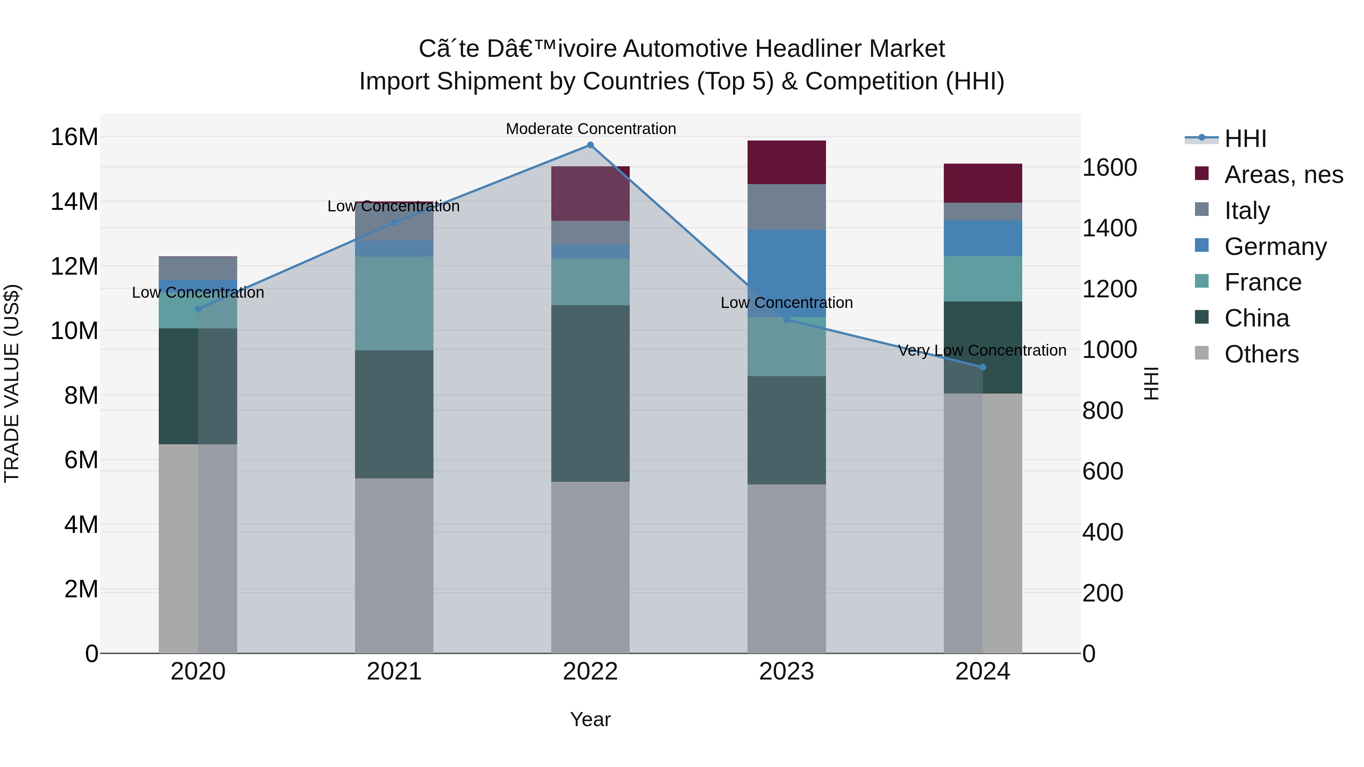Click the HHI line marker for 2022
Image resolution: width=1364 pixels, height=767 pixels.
pos(590,145)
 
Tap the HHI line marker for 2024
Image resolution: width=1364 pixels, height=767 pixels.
pos(983,367)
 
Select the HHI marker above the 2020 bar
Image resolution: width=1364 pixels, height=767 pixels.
pos(198,309)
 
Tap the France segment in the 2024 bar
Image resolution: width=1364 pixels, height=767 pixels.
pos(983,279)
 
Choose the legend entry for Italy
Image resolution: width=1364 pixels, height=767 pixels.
pos(1247,211)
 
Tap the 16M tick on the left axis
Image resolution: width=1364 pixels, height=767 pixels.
pos(74,137)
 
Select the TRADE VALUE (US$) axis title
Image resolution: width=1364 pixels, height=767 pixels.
pos(12,383)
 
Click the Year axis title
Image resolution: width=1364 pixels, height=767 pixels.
pos(590,719)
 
